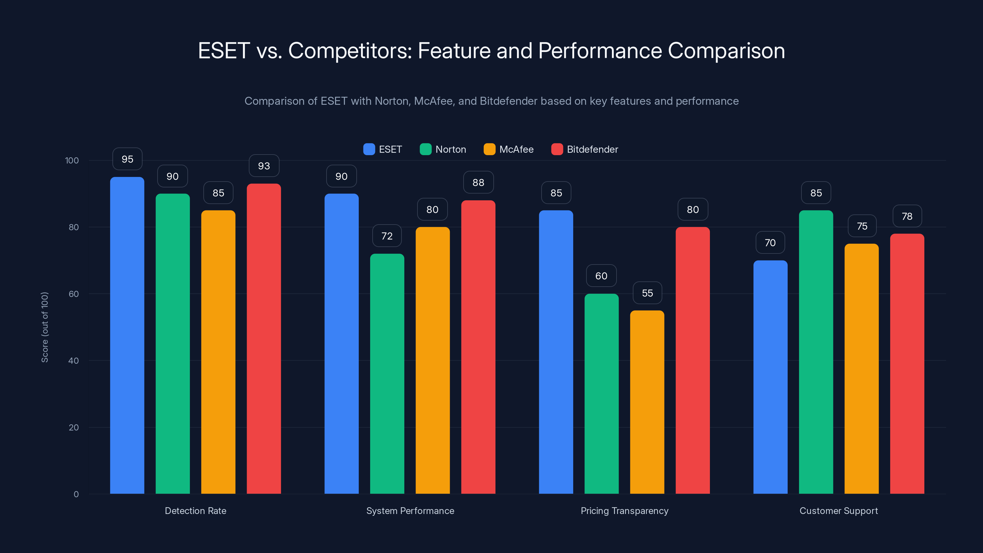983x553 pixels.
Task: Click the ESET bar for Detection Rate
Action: (x=127, y=336)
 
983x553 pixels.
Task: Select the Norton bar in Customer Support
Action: (x=816, y=351)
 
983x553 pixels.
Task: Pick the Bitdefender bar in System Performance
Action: (x=478, y=347)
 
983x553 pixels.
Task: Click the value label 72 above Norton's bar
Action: (x=387, y=236)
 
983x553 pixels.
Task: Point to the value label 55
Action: (x=647, y=293)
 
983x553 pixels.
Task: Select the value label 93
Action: (x=264, y=166)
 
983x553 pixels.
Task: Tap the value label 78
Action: (x=907, y=216)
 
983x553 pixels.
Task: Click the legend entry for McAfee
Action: (x=509, y=149)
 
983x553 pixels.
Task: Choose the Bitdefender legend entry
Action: (x=585, y=149)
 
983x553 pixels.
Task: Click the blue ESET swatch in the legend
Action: (x=369, y=149)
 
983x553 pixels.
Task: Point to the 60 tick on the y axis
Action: (x=74, y=294)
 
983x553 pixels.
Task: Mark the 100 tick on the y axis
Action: (x=72, y=160)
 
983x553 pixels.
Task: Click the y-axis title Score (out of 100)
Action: (x=45, y=327)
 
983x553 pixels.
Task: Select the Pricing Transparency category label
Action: (x=624, y=511)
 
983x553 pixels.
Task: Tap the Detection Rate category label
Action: (x=195, y=511)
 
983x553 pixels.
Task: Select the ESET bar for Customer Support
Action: (x=770, y=378)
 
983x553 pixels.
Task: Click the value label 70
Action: (x=770, y=243)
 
